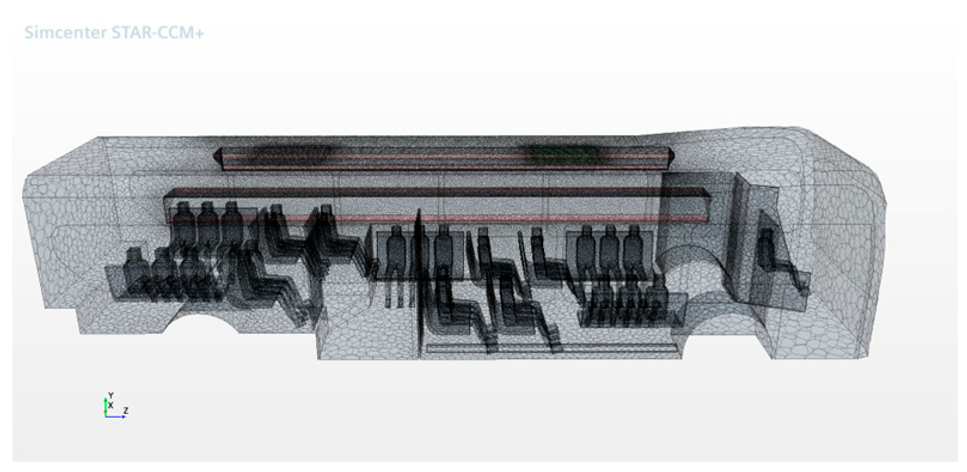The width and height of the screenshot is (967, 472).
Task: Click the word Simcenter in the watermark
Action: click(66, 33)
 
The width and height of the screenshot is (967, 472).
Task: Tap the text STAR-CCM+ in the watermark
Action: click(158, 33)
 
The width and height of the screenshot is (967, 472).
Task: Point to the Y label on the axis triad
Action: click(111, 395)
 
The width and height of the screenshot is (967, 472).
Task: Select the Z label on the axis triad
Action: click(125, 410)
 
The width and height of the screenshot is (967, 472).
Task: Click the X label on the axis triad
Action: click(111, 405)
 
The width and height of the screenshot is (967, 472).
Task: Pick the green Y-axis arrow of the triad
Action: click(105, 406)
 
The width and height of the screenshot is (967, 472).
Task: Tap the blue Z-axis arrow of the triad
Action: click(115, 416)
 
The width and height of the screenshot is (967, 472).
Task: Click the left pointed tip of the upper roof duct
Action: click(214, 156)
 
